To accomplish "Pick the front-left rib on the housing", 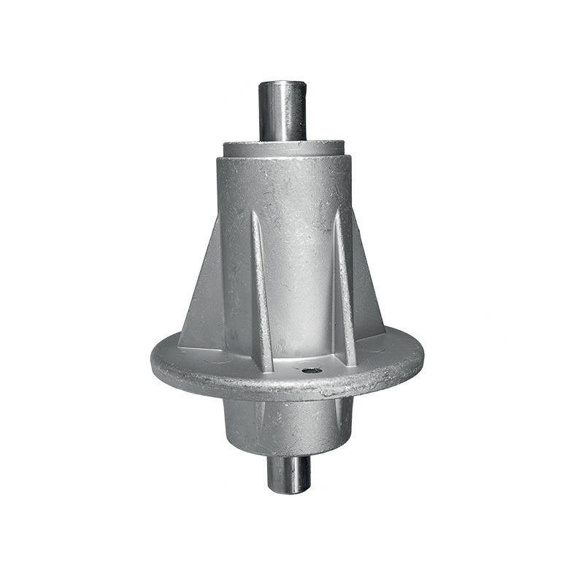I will pyautogui.click(x=262, y=292).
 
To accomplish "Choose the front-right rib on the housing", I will pyautogui.click(x=344, y=285).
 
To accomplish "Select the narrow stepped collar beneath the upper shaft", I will pyautogui.click(x=285, y=148).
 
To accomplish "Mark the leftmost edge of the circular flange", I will pyautogui.click(x=152, y=362).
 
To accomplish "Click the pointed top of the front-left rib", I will pyautogui.click(x=255, y=213).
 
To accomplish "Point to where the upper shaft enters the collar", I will pyautogui.click(x=283, y=139).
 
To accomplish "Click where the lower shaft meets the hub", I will pyautogui.click(x=288, y=456).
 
